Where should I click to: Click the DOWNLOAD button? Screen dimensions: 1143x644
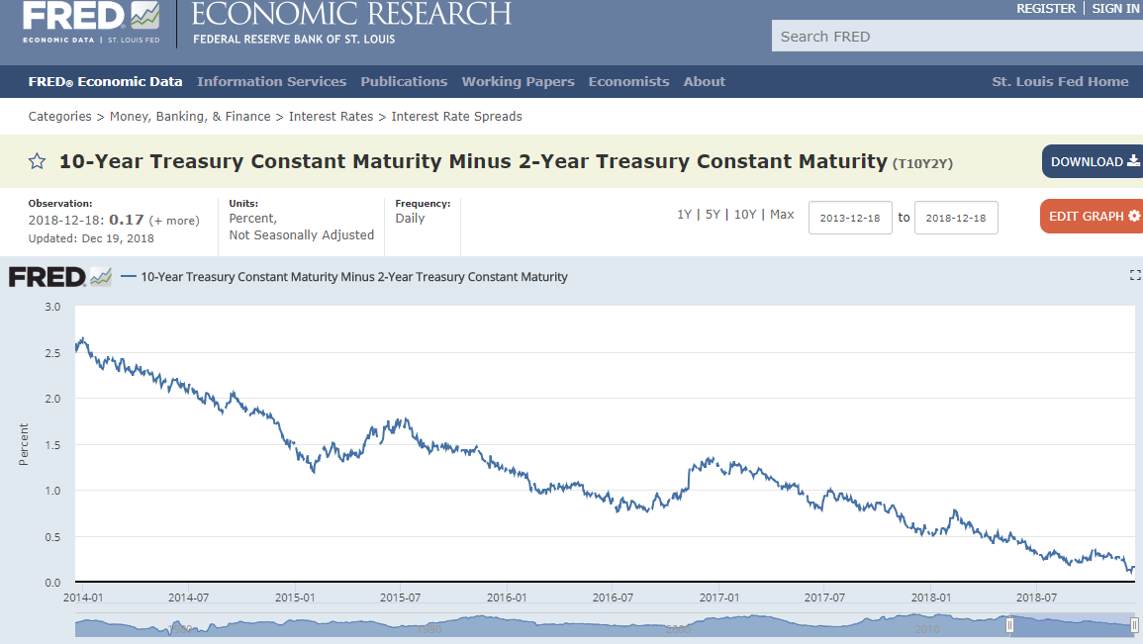[1093, 161]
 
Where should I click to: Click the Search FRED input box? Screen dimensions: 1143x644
[957, 37]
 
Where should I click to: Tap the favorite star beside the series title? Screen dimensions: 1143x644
[38, 161]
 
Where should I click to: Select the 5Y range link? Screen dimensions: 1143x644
[713, 215]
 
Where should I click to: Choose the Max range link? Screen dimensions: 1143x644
[782, 215]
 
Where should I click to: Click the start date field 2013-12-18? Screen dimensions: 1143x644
[850, 218]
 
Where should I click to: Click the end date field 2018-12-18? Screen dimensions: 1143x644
[956, 218]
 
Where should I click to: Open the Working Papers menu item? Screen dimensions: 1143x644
[518, 81]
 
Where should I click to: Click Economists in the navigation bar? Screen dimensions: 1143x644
[628, 81]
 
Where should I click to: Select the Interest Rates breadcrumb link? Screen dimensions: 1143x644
[331, 117]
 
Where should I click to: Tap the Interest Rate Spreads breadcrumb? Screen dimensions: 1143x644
[456, 117]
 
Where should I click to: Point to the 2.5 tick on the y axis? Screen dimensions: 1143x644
[52, 353]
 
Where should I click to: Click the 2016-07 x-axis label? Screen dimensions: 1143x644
[613, 598]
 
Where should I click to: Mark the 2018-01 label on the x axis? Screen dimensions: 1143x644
[931, 598]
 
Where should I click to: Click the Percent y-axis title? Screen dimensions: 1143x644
[24, 444]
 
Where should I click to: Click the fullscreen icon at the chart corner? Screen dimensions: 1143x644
[1135, 275]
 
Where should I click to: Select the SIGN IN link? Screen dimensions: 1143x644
[1116, 9]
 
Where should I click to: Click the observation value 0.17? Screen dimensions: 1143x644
[126, 220]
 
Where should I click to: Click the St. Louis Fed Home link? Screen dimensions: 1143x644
[1060, 81]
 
